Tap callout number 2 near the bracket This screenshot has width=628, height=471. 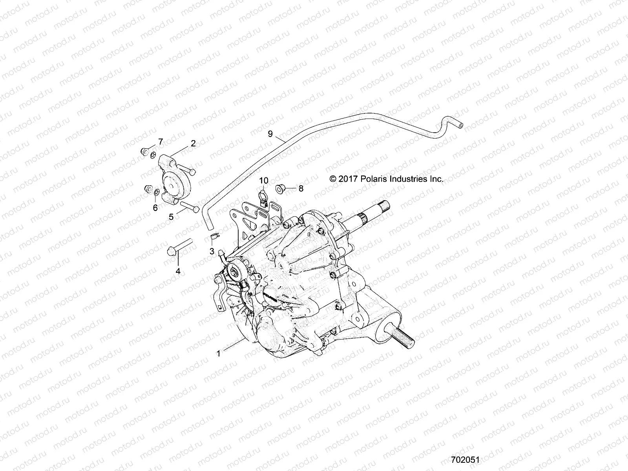(193, 143)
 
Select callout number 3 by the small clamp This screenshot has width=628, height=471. (212, 251)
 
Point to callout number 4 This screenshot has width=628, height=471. (178, 271)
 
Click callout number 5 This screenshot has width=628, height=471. (171, 216)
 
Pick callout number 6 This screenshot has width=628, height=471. (155, 208)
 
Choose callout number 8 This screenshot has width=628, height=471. (301, 188)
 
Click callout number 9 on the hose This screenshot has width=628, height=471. (270, 134)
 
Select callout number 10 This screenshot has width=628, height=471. (263, 181)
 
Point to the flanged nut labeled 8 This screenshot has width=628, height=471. (281, 188)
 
